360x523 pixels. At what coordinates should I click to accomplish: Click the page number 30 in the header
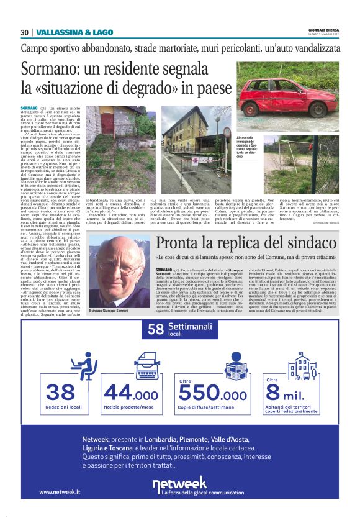[25, 32]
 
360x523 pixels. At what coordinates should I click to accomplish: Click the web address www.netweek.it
[60, 493]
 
